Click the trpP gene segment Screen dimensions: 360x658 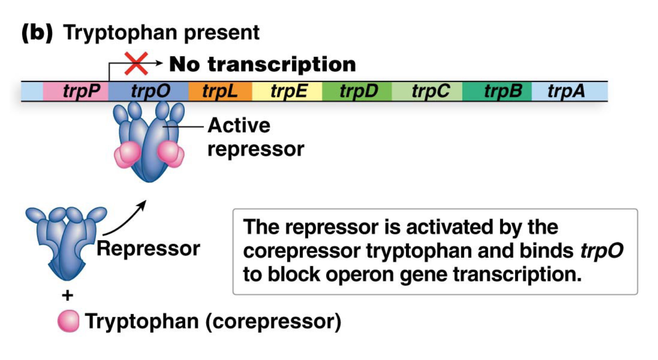click(76, 91)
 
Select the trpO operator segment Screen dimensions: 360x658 click(148, 91)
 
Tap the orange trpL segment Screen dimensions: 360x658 click(220, 91)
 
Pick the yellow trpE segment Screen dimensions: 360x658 click(287, 91)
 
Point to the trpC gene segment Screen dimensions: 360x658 click(427, 91)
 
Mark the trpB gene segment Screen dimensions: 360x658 click(497, 91)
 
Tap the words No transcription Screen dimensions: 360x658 click(262, 64)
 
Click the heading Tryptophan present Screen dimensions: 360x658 click(162, 33)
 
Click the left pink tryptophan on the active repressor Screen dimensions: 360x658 click(131, 152)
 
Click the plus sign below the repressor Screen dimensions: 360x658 click(67, 296)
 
